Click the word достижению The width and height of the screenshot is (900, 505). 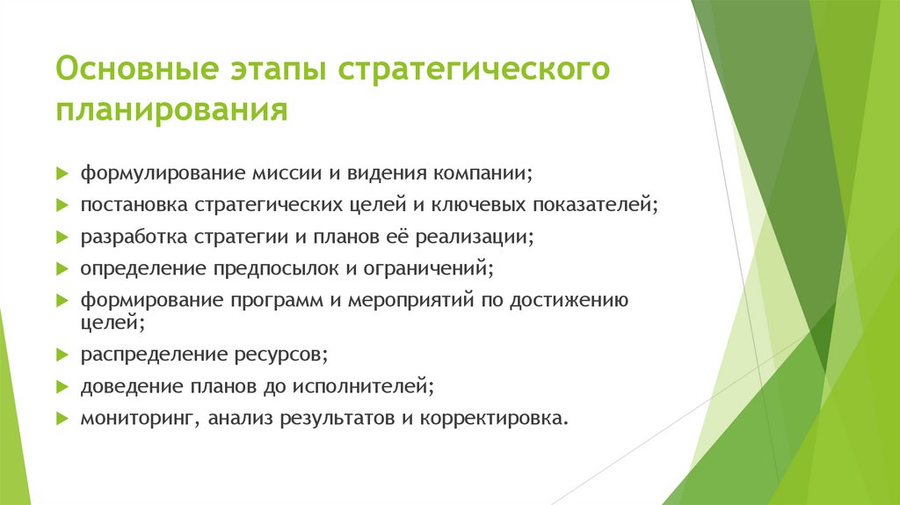coord(570,300)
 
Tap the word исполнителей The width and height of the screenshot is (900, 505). coord(372,386)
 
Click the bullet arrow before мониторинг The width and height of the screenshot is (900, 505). coord(62,418)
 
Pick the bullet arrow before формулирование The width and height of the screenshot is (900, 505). coord(62,173)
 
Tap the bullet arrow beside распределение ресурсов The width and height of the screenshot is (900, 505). coord(62,355)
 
